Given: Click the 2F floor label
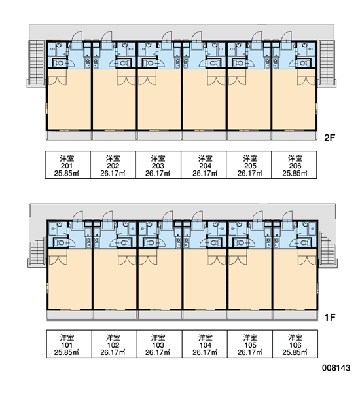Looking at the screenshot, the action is (329, 138).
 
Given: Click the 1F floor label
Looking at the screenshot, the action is (330, 318).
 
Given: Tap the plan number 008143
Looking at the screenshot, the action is (336, 368).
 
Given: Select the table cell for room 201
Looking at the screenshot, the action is (68, 164).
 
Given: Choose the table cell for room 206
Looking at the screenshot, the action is (294, 164).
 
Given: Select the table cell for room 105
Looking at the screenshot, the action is (250, 344).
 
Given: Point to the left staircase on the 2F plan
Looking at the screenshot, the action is (37, 64).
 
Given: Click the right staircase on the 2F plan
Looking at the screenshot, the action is (327, 64).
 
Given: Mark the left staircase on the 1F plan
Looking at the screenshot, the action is (37, 253).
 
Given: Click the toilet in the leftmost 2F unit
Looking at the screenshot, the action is (60, 63).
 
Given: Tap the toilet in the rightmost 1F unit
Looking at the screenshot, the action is (304, 242).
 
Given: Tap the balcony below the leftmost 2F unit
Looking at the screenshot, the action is (69, 136).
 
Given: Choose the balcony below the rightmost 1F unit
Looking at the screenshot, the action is (295, 315).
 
